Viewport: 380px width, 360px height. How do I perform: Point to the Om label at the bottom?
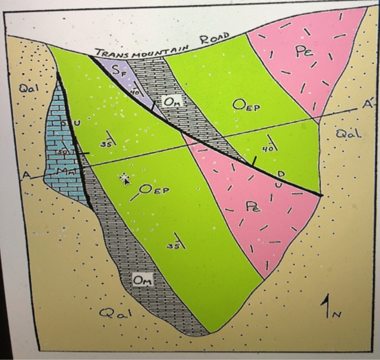(x=143, y=280)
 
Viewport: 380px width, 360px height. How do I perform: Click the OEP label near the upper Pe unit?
(x=246, y=104)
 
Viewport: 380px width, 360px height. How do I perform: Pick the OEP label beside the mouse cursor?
(x=155, y=190)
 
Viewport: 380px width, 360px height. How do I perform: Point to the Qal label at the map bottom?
(x=115, y=313)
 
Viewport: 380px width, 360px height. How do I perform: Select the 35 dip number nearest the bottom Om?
(x=173, y=245)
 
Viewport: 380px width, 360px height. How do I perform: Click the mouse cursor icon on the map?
(x=124, y=178)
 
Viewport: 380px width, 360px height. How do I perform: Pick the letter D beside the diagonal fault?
(x=280, y=173)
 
